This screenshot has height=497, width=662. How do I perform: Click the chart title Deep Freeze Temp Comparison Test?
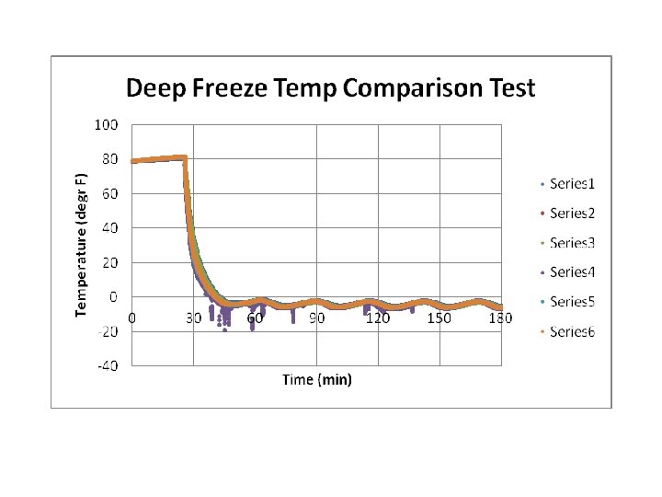tap(330, 89)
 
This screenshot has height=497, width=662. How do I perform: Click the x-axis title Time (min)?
tap(317, 379)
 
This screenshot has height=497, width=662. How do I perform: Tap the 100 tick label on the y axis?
tap(106, 124)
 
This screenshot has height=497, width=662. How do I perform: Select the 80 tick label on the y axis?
tap(109, 159)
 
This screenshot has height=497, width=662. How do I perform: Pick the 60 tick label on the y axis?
tap(109, 193)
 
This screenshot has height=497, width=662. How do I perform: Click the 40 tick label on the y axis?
tap(109, 227)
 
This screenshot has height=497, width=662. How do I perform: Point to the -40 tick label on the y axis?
tap(107, 365)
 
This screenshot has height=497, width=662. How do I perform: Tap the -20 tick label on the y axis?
tap(107, 331)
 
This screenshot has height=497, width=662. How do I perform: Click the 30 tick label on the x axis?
tap(194, 318)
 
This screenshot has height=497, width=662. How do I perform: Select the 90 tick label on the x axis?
tap(317, 318)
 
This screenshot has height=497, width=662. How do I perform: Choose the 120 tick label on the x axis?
tap(378, 318)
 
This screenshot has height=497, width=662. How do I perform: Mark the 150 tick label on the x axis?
tap(439, 318)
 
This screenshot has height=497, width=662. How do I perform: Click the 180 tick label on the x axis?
tap(500, 318)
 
